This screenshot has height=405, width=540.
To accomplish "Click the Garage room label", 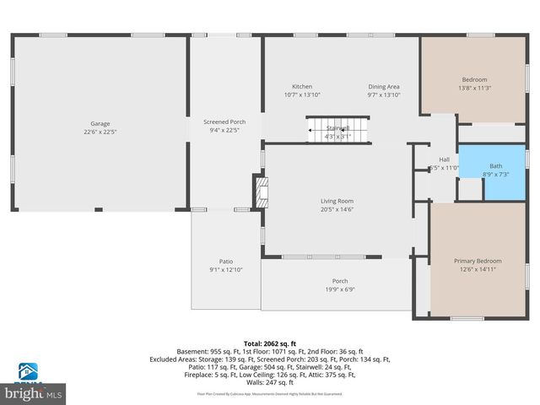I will point(100,123).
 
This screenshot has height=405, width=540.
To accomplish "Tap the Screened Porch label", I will point(224,122).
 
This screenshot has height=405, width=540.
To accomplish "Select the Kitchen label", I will point(302,87).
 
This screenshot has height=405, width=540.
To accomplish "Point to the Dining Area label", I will point(383,87).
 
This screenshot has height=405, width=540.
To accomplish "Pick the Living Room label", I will point(337,201).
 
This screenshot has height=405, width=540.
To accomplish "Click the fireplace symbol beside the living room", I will point(262,192).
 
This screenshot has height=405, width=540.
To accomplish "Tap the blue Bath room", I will point(491,171).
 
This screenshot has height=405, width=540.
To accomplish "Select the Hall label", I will point(444,159).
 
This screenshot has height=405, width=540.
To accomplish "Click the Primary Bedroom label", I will point(478,262).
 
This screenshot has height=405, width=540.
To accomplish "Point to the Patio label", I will point(225,261).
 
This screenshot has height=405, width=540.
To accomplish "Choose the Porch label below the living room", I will point(339,281).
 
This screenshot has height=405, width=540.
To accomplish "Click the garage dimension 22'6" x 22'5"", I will point(100,132).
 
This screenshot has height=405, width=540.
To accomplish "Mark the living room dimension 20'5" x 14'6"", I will point(337,210).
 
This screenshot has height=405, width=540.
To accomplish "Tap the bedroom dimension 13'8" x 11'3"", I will point(474,88).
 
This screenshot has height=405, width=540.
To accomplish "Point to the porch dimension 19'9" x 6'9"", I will point(339,290).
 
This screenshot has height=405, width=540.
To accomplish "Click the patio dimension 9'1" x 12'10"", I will point(225,270).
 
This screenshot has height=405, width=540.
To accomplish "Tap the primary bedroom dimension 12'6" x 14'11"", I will point(478,271).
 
